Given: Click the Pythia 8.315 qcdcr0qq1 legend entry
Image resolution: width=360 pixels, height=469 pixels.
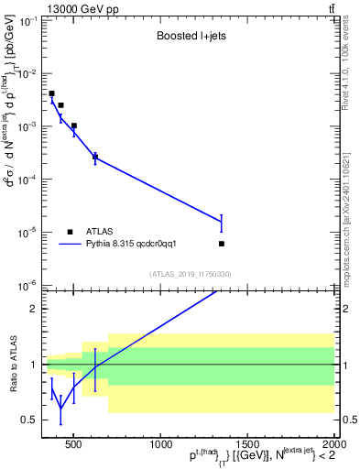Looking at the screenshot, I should (x=150, y=244).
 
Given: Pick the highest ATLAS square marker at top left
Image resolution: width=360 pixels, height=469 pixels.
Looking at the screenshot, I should (x=52, y=93).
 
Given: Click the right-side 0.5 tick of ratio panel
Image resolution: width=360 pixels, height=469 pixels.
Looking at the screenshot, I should (x=342, y=420).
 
